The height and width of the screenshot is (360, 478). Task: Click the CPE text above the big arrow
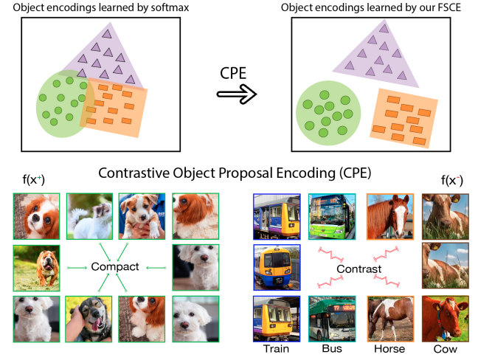tap(235, 74)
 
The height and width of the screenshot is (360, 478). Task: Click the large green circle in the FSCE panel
tap(328, 114)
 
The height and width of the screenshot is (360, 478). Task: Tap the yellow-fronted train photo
tap(277, 267)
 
